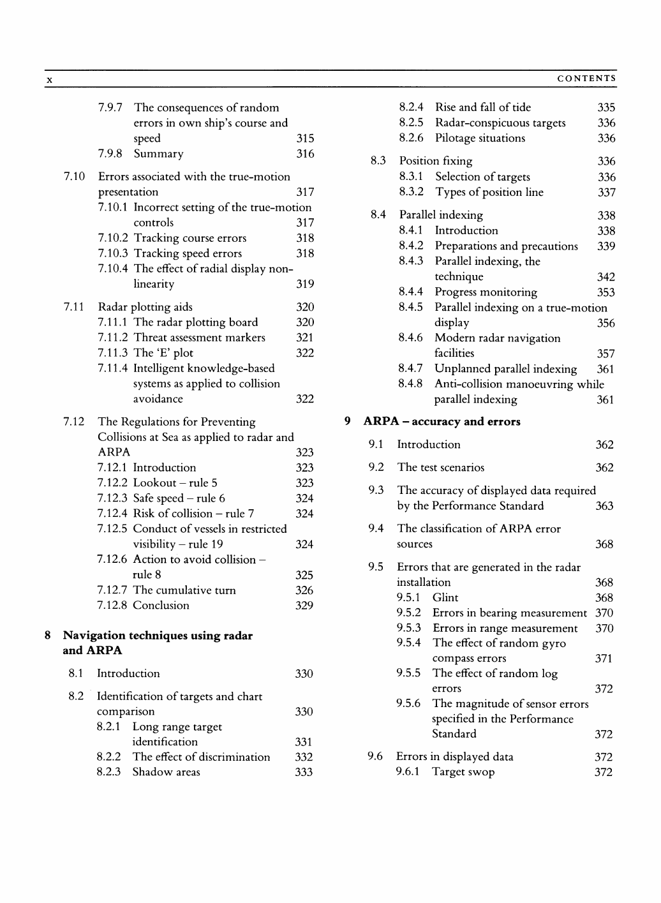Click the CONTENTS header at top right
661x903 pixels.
point(586,79)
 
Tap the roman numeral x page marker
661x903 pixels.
point(48,80)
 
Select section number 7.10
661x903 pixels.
point(74,177)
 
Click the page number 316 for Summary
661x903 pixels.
point(305,154)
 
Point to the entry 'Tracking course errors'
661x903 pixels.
point(189,238)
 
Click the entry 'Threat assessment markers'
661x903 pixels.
point(199,338)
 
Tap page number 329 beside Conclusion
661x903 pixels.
point(304,606)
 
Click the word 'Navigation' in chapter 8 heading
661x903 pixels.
point(94,636)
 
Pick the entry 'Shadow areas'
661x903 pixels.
point(166,772)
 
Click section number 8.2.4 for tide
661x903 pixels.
point(411,107)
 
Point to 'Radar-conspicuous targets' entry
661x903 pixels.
point(500,123)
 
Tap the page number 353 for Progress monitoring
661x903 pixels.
point(605,292)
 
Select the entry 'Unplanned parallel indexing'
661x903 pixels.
point(505,369)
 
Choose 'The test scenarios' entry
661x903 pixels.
point(440,468)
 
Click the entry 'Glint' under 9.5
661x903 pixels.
point(445,598)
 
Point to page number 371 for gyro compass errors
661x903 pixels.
point(604,659)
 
